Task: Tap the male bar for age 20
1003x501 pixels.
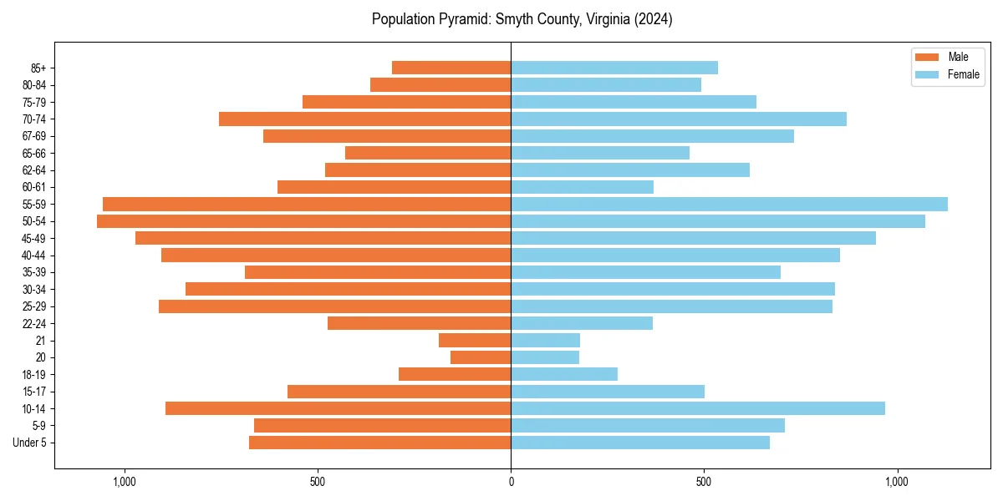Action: [x=481, y=357]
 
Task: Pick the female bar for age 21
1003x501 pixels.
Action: [x=545, y=341]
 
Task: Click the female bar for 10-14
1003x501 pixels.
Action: [x=698, y=408]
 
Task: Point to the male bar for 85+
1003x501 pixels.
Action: [x=451, y=68]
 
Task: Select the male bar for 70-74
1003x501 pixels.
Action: [x=364, y=119]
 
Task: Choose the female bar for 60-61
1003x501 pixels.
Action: [x=582, y=187]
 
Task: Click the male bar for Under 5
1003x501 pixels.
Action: [x=379, y=443]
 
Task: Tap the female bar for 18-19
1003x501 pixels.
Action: [x=564, y=374]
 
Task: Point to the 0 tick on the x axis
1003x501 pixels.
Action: [x=511, y=482]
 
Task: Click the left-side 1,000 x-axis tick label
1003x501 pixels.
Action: [x=124, y=482]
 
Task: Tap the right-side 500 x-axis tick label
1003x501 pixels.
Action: [x=704, y=482]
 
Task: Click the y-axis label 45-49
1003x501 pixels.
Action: [x=33, y=238]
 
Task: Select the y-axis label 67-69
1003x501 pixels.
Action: [x=33, y=136]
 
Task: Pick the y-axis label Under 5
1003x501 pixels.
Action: [x=29, y=443]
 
